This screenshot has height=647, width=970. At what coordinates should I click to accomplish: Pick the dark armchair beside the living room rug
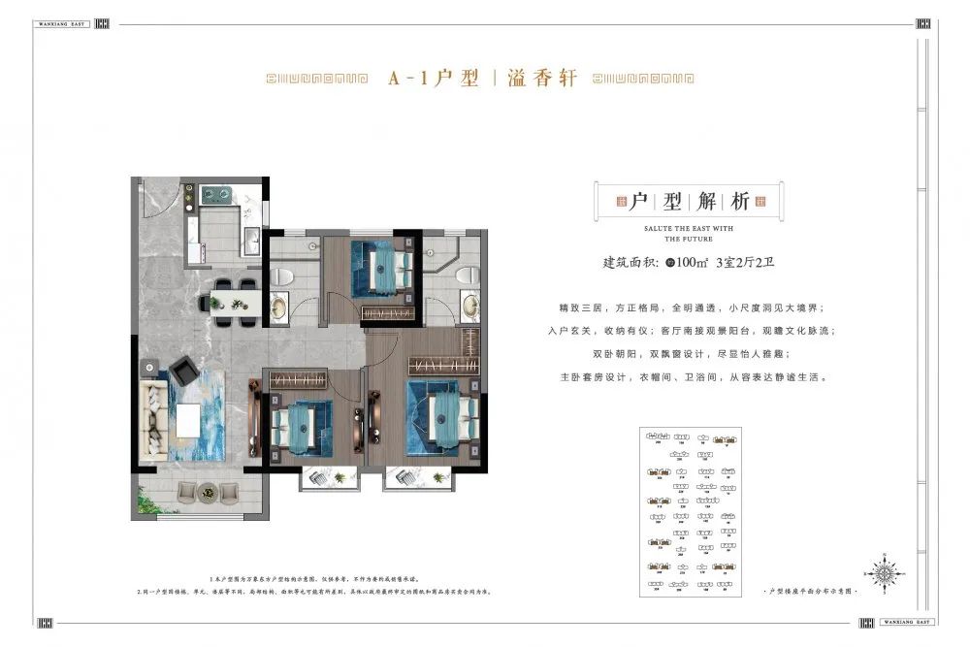pyautogui.click(x=181, y=370)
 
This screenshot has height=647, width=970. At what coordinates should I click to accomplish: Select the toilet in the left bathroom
pyautogui.click(x=282, y=275)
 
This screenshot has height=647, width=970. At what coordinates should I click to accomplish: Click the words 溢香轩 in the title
pyautogui.click(x=544, y=79)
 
